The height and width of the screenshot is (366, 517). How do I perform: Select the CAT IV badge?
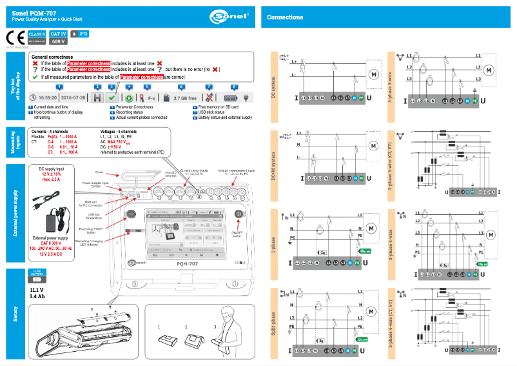click(59, 33)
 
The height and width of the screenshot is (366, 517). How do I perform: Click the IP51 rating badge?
click(79, 33)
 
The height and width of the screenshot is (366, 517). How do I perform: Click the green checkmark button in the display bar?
click(111, 97)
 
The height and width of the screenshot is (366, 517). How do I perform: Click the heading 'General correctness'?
click(52, 57)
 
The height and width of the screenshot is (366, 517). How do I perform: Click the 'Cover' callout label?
click(99, 173)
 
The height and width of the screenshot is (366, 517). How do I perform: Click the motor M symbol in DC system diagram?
click(373, 74)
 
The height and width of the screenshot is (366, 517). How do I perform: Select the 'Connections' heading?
click(284, 17)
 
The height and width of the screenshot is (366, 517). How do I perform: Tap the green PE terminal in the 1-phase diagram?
click(360, 262)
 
